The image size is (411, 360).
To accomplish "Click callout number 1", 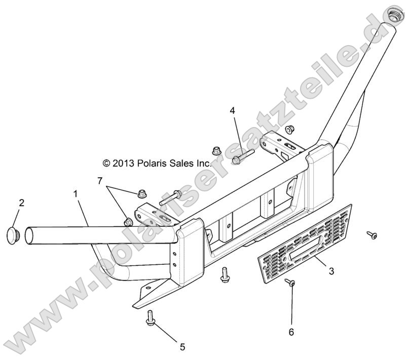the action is coord(76,193).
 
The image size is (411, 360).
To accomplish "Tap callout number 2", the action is coord(21,203).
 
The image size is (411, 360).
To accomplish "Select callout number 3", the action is coord(331,271).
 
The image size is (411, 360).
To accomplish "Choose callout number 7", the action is coord(100,181).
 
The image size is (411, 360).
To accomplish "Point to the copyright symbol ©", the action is coord(106,164).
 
